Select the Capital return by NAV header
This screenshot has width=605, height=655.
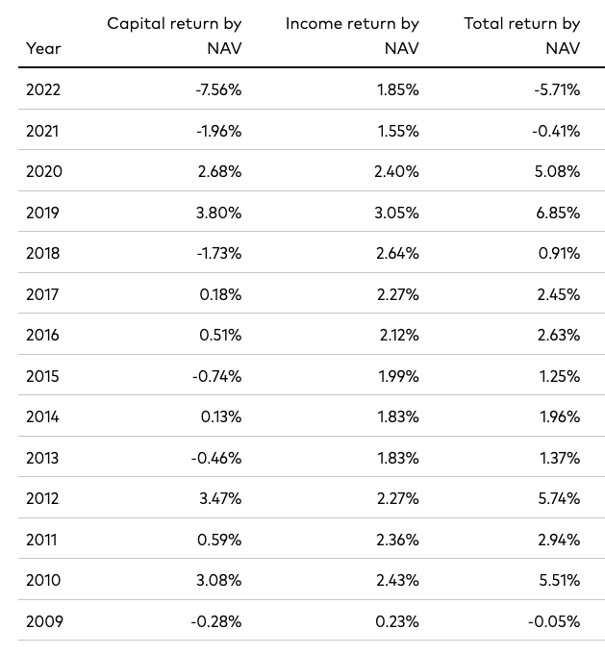pos(174,35)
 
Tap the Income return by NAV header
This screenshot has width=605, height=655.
pos(352,35)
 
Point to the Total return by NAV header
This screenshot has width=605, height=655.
pos(522,35)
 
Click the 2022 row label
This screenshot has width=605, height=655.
pos(43,89)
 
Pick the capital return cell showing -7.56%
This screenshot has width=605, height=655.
pos(216,89)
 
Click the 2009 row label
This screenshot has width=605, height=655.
pos(44,621)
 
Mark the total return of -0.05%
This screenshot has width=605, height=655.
pos(553,621)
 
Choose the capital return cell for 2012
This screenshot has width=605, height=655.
pos(218,498)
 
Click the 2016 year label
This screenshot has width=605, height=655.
pos(43,335)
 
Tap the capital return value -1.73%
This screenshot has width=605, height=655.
pos(217,253)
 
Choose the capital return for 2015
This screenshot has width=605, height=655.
pos(216,376)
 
